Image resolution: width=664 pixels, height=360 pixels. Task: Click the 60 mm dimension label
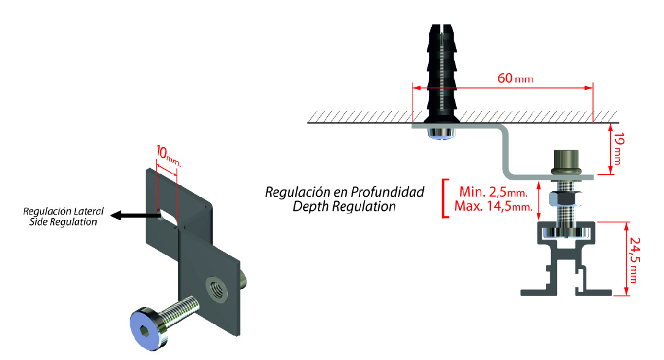[x=515, y=79]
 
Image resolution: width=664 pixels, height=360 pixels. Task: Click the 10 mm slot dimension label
[x=169, y=155]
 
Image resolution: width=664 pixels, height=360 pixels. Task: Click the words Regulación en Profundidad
[x=344, y=192]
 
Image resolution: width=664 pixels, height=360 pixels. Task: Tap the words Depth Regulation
[x=344, y=206]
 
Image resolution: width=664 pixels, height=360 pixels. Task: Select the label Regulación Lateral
[x=64, y=211]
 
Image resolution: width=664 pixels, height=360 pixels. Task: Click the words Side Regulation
[x=64, y=222]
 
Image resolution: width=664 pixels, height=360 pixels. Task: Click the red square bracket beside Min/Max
[x=444, y=198]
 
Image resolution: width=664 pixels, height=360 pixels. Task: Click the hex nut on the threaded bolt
[x=561, y=199]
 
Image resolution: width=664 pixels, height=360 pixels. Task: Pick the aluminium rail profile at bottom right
[x=566, y=263]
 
